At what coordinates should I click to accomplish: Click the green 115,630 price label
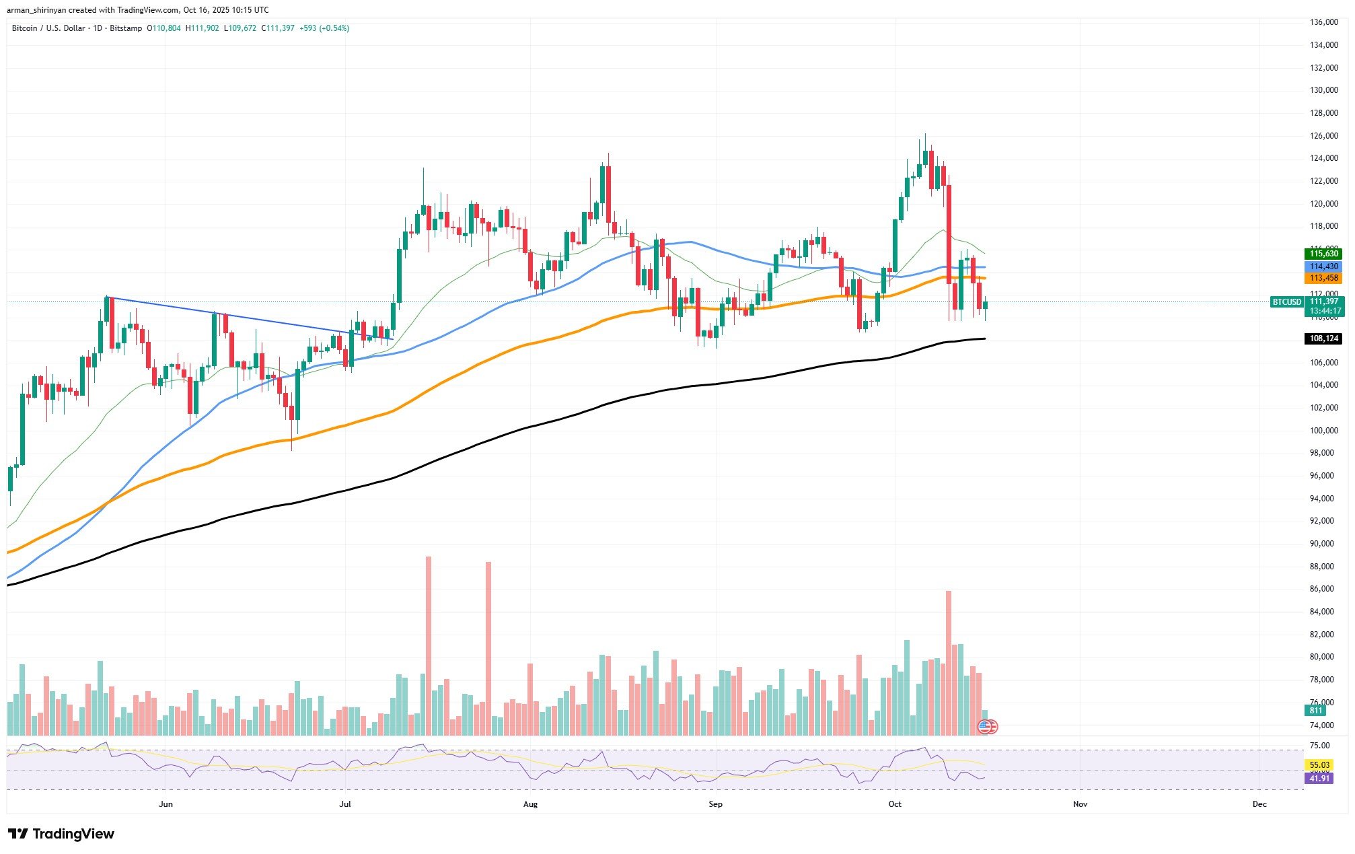point(1323,254)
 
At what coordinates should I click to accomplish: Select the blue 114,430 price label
point(1323,266)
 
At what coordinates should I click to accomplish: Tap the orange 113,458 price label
point(1323,278)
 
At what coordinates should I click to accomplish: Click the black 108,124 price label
point(1323,339)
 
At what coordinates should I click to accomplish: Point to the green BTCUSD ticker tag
point(1286,302)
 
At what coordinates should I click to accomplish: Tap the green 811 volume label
point(1315,711)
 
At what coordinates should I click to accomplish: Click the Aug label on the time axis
point(530,804)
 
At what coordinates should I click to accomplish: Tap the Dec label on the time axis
point(1259,804)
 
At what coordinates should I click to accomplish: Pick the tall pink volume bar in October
point(949,662)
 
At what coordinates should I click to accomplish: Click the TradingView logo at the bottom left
point(61,834)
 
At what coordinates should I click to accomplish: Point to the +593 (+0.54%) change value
point(324,28)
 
